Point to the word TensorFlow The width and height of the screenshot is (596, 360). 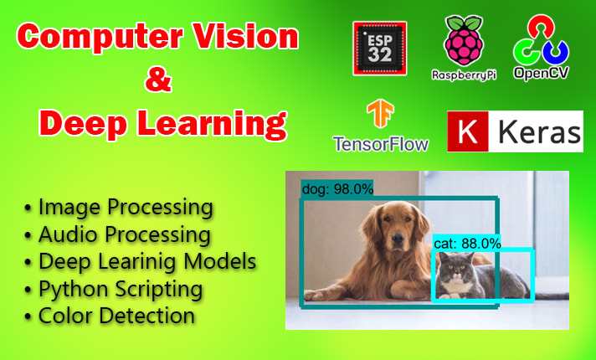380,143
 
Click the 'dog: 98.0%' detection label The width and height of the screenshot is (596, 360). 337,189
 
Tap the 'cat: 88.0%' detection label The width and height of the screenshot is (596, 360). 467,243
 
